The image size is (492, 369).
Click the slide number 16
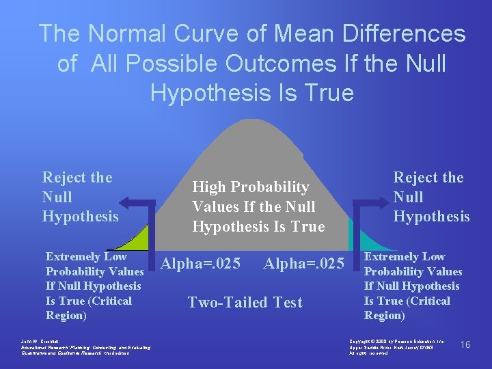tap(465, 344)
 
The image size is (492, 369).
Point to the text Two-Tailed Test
tap(245, 302)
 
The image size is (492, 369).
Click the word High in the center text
tap(210, 187)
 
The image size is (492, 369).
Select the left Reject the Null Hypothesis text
tap(80, 197)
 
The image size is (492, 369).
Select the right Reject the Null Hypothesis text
tap(431, 197)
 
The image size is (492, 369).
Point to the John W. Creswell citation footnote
tap(85, 348)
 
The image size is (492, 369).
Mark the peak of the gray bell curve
tap(251, 123)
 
